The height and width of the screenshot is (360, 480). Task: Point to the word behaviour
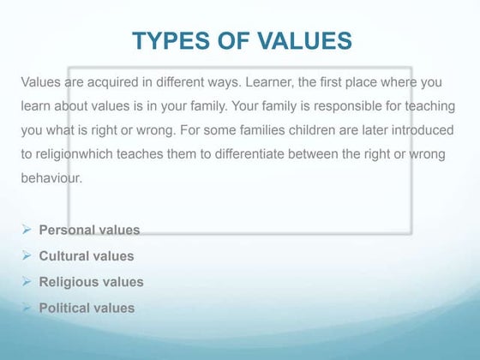click(51, 179)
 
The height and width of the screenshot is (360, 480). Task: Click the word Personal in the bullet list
click(69, 230)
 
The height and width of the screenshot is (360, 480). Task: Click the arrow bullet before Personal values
click(27, 229)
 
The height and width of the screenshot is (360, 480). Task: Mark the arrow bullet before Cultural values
click(27, 255)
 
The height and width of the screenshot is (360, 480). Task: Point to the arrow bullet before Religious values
click(27, 280)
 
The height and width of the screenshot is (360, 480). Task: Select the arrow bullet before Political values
click(27, 307)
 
